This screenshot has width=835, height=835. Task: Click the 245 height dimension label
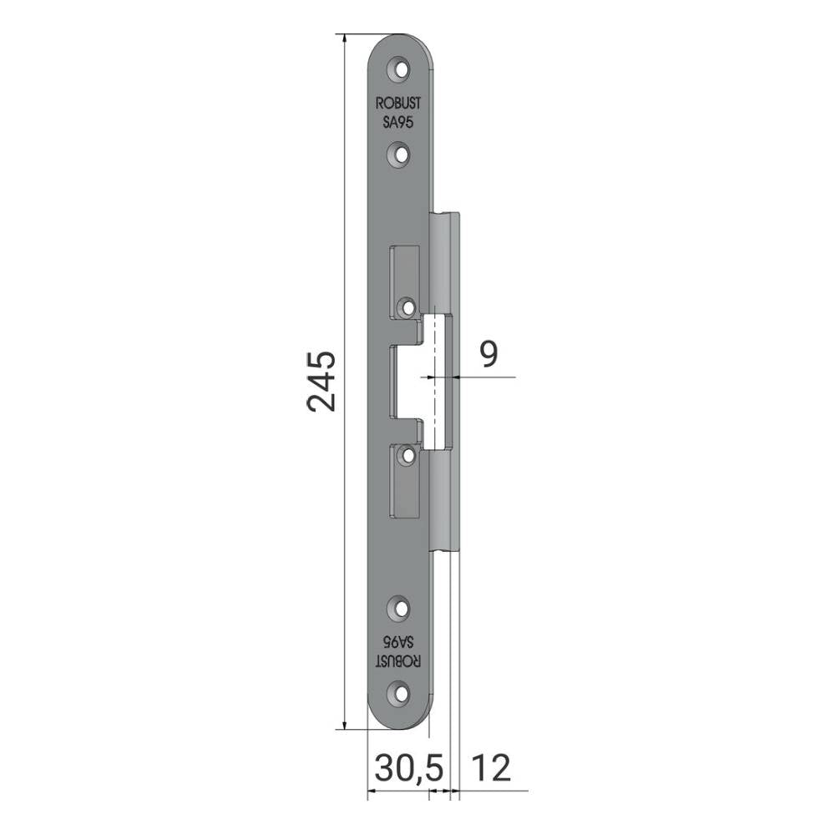(x=321, y=382)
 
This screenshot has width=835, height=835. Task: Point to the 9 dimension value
(x=488, y=354)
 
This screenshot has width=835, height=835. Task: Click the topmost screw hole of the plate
(x=401, y=70)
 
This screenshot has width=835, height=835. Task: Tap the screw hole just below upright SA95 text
(x=401, y=154)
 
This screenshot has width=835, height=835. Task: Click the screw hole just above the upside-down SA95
(x=401, y=608)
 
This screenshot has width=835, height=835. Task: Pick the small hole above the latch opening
(x=408, y=307)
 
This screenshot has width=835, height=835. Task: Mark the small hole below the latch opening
(x=408, y=455)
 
